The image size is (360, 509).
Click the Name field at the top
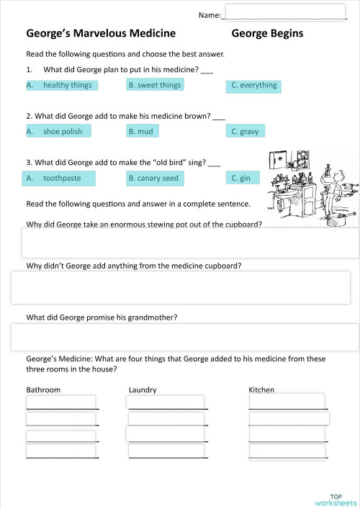pyautogui.click(x=286, y=12)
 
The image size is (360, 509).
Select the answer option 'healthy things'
pyautogui.click(x=61, y=85)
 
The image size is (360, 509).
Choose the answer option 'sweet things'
pyautogui.click(x=154, y=85)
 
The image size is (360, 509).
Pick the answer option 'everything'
pyautogui.click(x=253, y=86)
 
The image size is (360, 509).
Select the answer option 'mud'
pyautogui.click(x=142, y=131)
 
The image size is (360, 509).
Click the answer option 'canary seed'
pyautogui.click(x=153, y=178)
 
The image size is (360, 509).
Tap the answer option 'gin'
pyautogui.click(x=241, y=178)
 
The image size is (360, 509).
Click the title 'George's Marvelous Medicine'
pyautogui.click(x=101, y=33)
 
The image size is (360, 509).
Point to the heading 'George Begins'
pyautogui.click(x=267, y=33)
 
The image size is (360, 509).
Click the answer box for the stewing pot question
pyautogui.click(x=190, y=243)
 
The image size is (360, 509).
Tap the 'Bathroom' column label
pyautogui.click(x=43, y=389)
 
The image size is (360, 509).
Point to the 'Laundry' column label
pyautogui.click(x=143, y=389)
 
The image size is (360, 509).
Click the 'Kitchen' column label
pyautogui.click(x=261, y=389)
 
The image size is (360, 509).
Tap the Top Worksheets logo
pyautogui.click(x=336, y=500)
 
